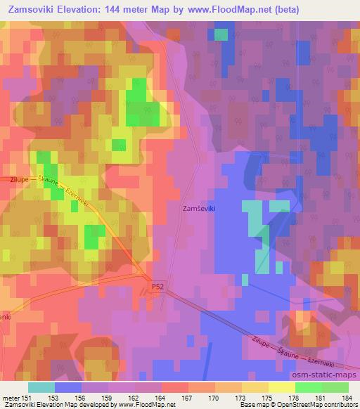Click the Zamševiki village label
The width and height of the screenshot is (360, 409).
(x=199, y=209)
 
